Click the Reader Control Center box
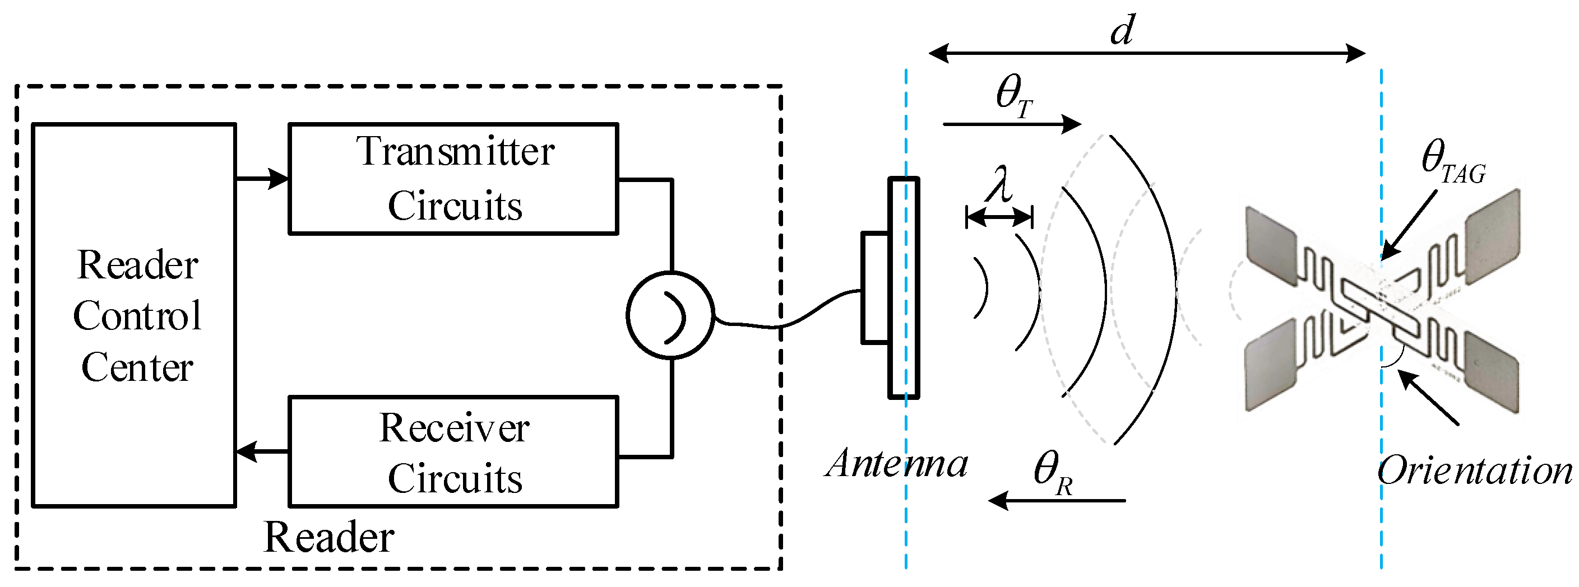coord(133,315)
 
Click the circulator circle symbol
coord(670,315)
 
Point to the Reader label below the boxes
coord(328,538)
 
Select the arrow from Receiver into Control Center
coord(262,452)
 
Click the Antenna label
coord(897,464)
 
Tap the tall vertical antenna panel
coord(904,288)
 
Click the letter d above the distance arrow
coord(1122,31)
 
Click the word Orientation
coord(1475,472)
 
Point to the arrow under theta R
coord(1057,501)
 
